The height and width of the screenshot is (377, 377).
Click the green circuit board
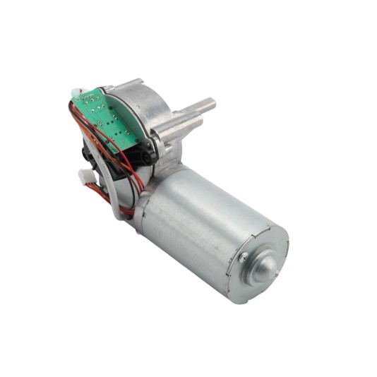tap(106, 116)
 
